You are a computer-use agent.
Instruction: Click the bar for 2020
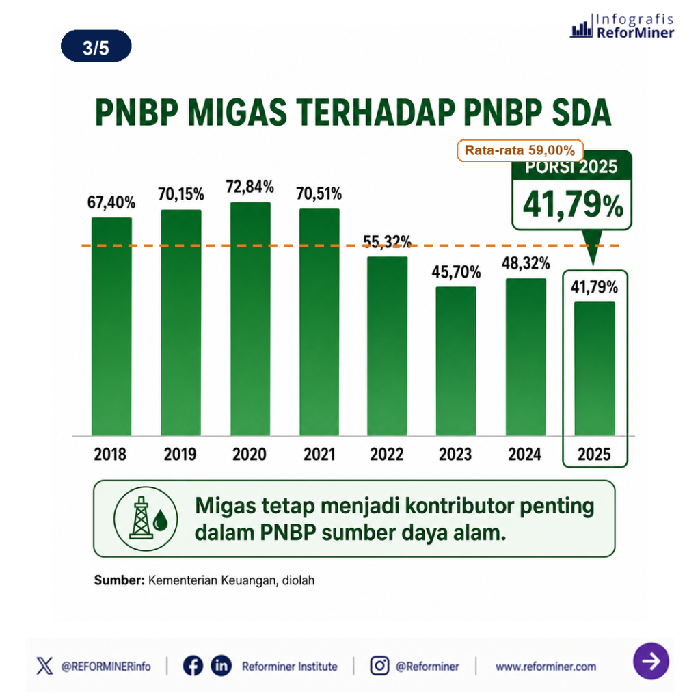[x=250, y=319]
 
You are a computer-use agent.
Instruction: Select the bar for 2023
[x=456, y=361]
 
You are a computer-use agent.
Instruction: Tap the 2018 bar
[x=111, y=326]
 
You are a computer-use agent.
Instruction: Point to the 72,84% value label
[x=250, y=187]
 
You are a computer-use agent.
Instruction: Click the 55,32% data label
[x=387, y=241]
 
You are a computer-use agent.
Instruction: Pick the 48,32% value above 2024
[x=526, y=263]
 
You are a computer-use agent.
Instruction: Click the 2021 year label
[x=319, y=454]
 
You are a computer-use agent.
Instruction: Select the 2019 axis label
[x=180, y=454]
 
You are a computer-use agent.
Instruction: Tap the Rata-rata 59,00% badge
[x=520, y=150]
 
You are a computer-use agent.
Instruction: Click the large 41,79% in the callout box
[x=573, y=205]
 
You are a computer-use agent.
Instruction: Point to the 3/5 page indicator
[x=96, y=46]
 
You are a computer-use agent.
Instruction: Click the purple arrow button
[x=651, y=661]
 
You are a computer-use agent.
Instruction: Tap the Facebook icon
[x=193, y=666]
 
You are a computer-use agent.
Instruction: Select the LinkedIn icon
[x=221, y=666]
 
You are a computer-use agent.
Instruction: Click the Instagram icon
[x=379, y=666]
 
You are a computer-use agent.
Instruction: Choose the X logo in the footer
[x=44, y=666]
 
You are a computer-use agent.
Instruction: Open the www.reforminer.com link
[x=546, y=667]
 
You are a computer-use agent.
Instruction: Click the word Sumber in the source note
[x=119, y=580]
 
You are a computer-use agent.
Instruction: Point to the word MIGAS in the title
[x=237, y=113]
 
